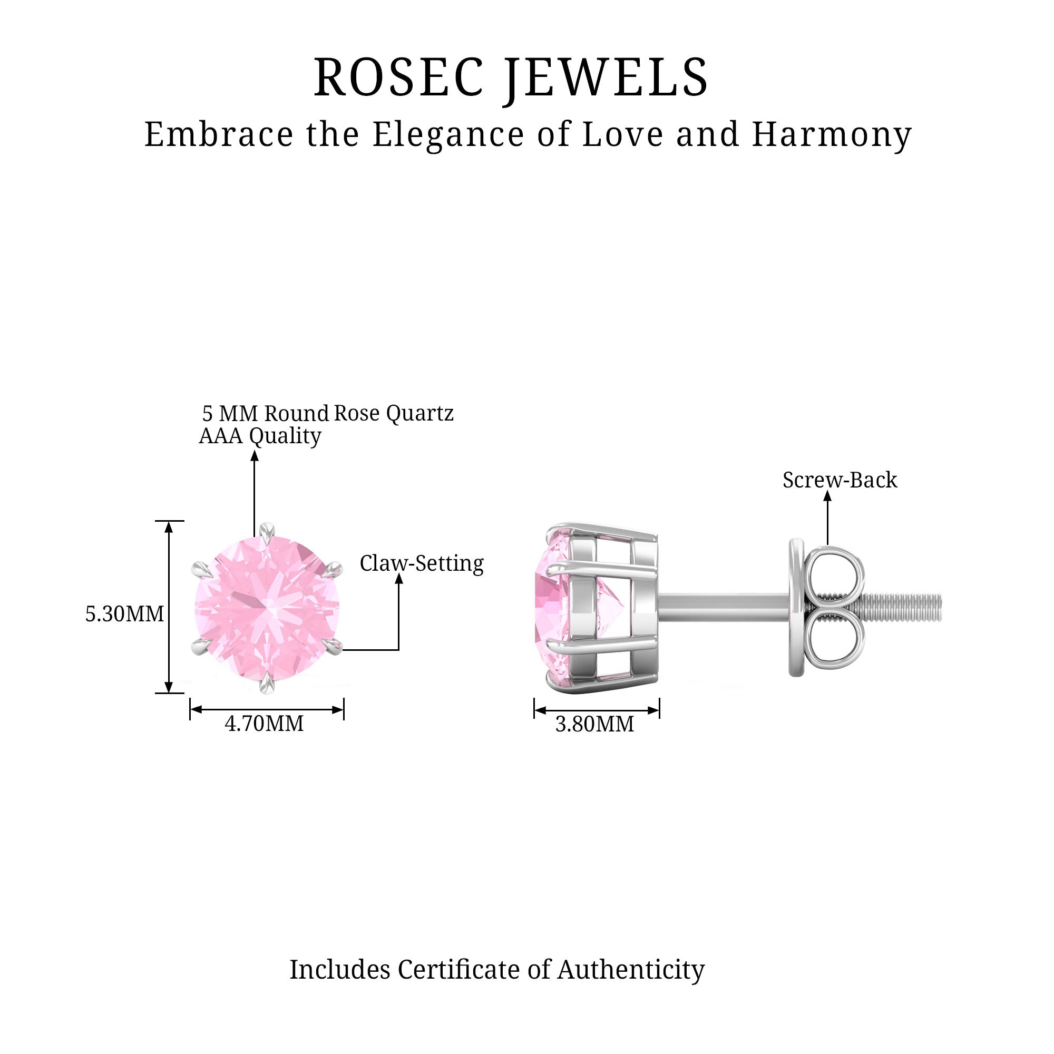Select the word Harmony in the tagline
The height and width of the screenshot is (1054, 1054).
point(832,135)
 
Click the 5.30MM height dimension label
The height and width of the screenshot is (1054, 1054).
point(124,614)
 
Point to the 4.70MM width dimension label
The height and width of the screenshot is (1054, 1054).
point(264,724)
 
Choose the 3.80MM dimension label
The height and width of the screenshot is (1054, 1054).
point(594,725)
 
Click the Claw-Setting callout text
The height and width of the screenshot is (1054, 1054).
point(421,563)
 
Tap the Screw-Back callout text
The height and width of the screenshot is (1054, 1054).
point(840,480)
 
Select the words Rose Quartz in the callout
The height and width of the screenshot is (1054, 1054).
point(393,413)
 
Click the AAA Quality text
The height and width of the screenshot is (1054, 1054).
point(260,436)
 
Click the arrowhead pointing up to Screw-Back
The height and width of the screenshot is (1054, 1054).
point(827,496)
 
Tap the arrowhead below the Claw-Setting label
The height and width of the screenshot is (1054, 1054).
point(399,579)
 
